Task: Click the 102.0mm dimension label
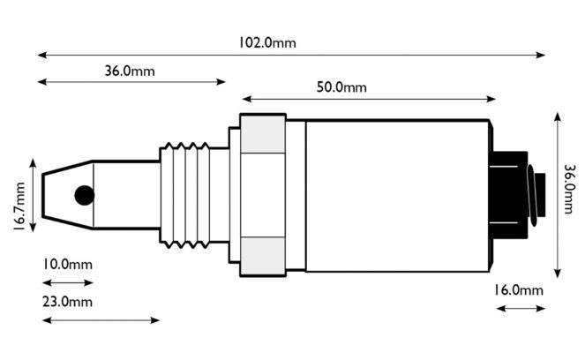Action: pos(267,42)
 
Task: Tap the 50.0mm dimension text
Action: pos(341,87)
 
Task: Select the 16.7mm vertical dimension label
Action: pos(19,206)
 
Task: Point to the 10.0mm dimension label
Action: pos(67,265)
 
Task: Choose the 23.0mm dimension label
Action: pos(67,302)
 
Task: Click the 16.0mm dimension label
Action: pos(519,290)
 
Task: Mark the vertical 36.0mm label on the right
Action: pos(569,189)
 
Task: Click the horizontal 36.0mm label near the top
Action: pos(130,71)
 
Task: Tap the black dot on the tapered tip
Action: pos(85,195)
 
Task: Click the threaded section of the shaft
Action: pos(185,195)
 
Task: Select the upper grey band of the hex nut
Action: pos(263,134)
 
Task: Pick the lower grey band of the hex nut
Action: pos(263,256)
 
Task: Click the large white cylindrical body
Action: pos(397,196)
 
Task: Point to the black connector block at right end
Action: pos(509,195)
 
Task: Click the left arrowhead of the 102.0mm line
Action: pos(41,56)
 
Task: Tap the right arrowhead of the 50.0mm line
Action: pos(491,99)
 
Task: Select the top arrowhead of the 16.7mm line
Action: pos(33,163)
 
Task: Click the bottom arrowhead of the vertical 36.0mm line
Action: pos(558,274)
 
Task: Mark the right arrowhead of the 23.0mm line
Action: pos(154,320)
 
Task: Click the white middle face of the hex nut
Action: pos(263,195)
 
